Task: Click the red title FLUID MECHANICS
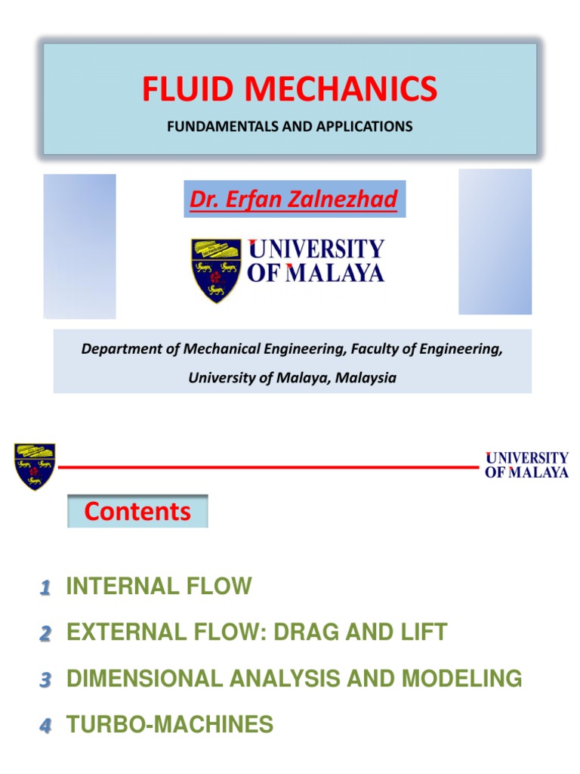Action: [x=290, y=89]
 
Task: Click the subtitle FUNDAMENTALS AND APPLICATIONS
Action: [x=290, y=126]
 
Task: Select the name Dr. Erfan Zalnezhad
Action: [x=295, y=200]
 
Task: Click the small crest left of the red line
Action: [x=35, y=466]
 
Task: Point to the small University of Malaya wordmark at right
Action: [x=526, y=465]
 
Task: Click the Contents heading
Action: [x=137, y=512]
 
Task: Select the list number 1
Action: [x=45, y=587]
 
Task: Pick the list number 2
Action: [x=45, y=634]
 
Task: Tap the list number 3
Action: [x=45, y=680]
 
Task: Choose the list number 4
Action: [x=45, y=727]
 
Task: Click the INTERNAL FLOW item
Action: [x=159, y=587]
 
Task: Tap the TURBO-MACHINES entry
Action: [x=170, y=726]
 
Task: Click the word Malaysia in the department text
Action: [x=366, y=378]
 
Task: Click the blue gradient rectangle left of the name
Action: [x=79, y=246]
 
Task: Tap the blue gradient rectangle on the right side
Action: [x=495, y=241]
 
